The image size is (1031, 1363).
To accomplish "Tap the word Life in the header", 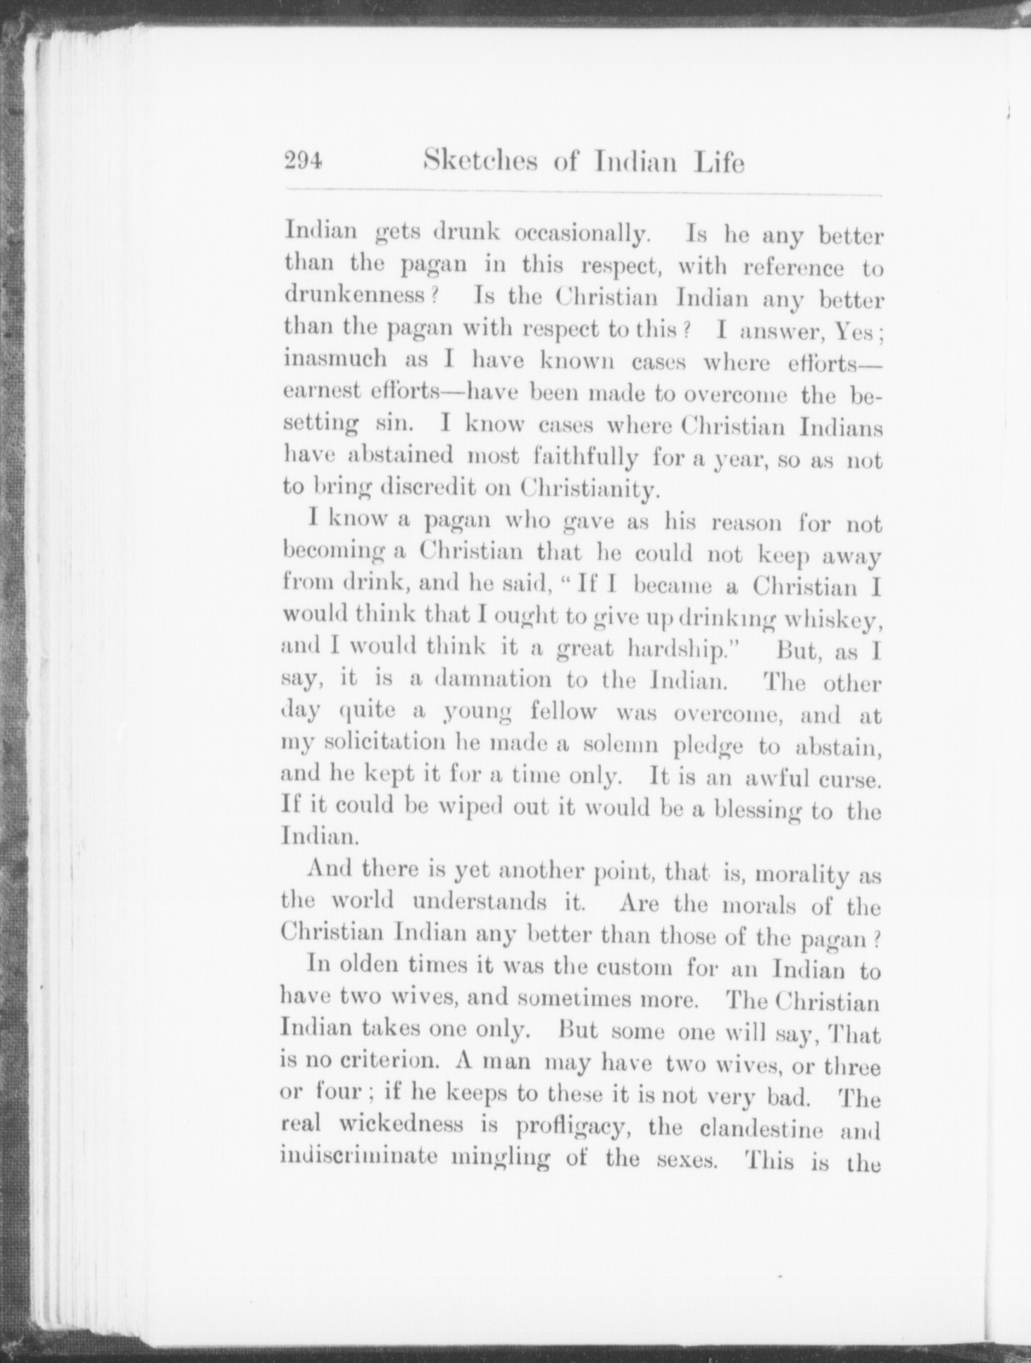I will point(718,163).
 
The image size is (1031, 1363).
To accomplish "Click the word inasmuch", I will point(335,359).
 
